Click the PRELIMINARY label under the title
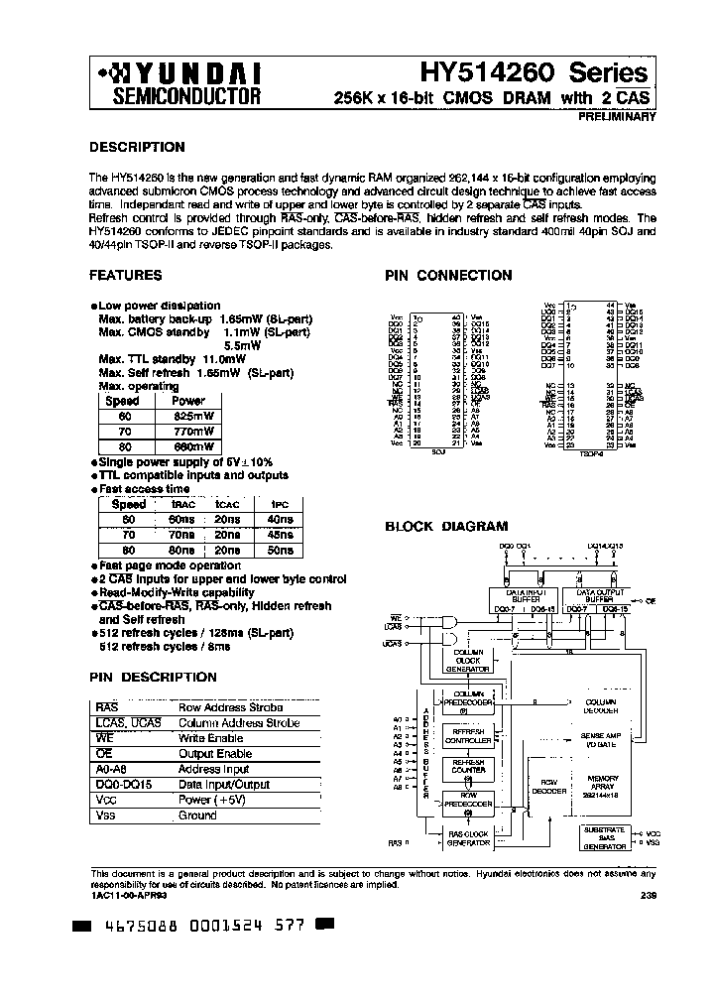tap(618, 117)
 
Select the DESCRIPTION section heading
tap(137, 147)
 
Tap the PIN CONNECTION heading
tap(448, 276)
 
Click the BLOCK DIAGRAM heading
tap(445, 527)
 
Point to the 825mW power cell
tap(188, 417)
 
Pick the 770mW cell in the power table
tap(188, 433)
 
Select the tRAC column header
tap(182, 504)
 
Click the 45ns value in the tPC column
tap(281, 535)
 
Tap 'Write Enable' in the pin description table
tap(210, 738)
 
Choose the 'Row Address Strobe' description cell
tap(230, 707)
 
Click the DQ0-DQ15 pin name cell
tap(124, 784)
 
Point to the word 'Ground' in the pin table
tap(197, 815)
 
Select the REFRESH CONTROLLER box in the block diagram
tap(468, 736)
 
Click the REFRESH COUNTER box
tap(468, 768)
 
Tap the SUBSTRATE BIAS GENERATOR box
tap(603, 836)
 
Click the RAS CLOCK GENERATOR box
tap(468, 837)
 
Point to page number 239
tap(648, 895)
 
